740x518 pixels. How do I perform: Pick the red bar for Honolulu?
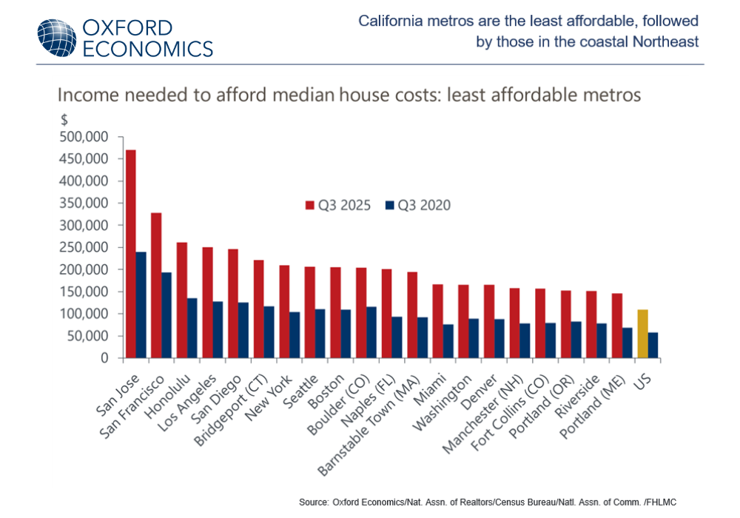pos(182,300)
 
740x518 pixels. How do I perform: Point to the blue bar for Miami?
pos(448,341)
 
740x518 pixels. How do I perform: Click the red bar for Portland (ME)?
pos(616,326)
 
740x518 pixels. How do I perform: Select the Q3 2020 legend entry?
pos(417,205)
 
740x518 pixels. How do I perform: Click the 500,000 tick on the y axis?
pos(88,137)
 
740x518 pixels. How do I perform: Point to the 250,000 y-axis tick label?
pos(88,247)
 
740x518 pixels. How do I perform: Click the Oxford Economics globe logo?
pos(56,38)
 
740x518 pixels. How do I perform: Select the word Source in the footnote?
pos(314,502)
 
